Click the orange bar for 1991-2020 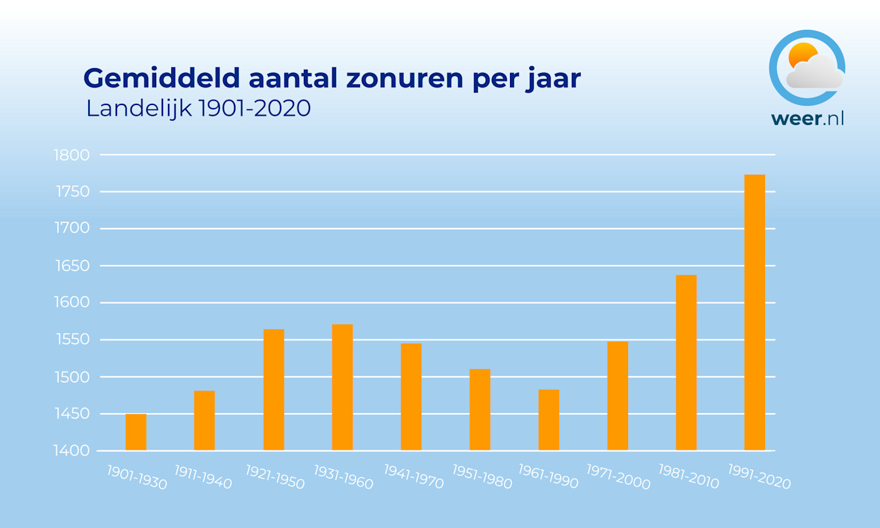(x=754, y=312)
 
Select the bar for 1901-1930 (x=136, y=432)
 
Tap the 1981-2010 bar (x=686, y=362)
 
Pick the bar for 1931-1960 (x=342, y=387)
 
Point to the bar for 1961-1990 (x=548, y=420)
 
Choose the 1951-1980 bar (x=479, y=409)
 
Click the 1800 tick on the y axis (x=72, y=155)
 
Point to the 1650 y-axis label (x=72, y=266)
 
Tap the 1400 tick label (x=72, y=451)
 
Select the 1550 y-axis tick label (x=72, y=340)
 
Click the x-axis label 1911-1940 (x=203, y=477)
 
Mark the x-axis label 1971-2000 (x=618, y=477)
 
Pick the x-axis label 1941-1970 (x=413, y=477)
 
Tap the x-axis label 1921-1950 (x=275, y=477)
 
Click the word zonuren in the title (x=404, y=79)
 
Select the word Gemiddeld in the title (x=161, y=79)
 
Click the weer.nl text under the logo (x=807, y=119)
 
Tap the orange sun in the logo (x=801, y=55)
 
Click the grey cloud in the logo (x=815, y=74)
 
